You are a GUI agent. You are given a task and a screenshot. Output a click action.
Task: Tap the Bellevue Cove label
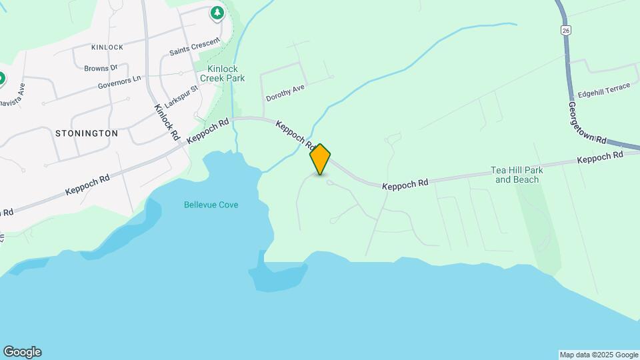211,205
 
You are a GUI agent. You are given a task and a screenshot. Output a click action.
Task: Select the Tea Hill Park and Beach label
517,175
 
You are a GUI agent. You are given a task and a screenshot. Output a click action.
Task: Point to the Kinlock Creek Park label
226,73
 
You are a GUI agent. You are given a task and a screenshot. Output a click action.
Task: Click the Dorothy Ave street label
285,93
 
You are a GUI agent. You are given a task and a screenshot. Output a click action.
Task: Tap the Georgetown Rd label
587,123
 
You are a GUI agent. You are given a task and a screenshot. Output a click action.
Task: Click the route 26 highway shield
565,30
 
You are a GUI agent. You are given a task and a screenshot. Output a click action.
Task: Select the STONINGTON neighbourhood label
87,133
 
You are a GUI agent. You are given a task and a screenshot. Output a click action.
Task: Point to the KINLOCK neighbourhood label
107,47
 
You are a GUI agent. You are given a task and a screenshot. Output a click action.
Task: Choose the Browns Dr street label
101,67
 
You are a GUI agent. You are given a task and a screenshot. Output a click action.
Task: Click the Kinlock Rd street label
167,121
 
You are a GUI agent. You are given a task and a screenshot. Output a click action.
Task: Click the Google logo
22,352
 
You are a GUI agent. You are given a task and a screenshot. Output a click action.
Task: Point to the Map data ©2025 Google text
598,355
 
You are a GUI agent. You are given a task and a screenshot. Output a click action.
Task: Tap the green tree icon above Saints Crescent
217,13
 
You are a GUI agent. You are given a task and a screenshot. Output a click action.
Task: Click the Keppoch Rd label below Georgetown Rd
600,157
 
